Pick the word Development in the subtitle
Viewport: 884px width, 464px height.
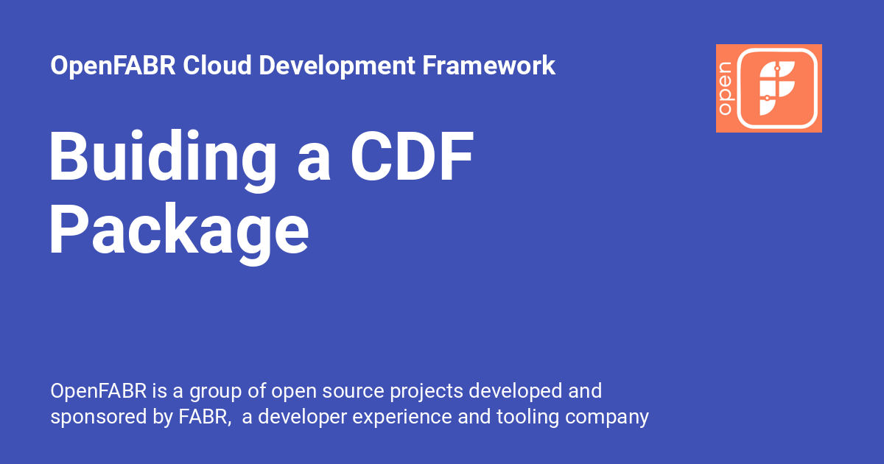point(338,66)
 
